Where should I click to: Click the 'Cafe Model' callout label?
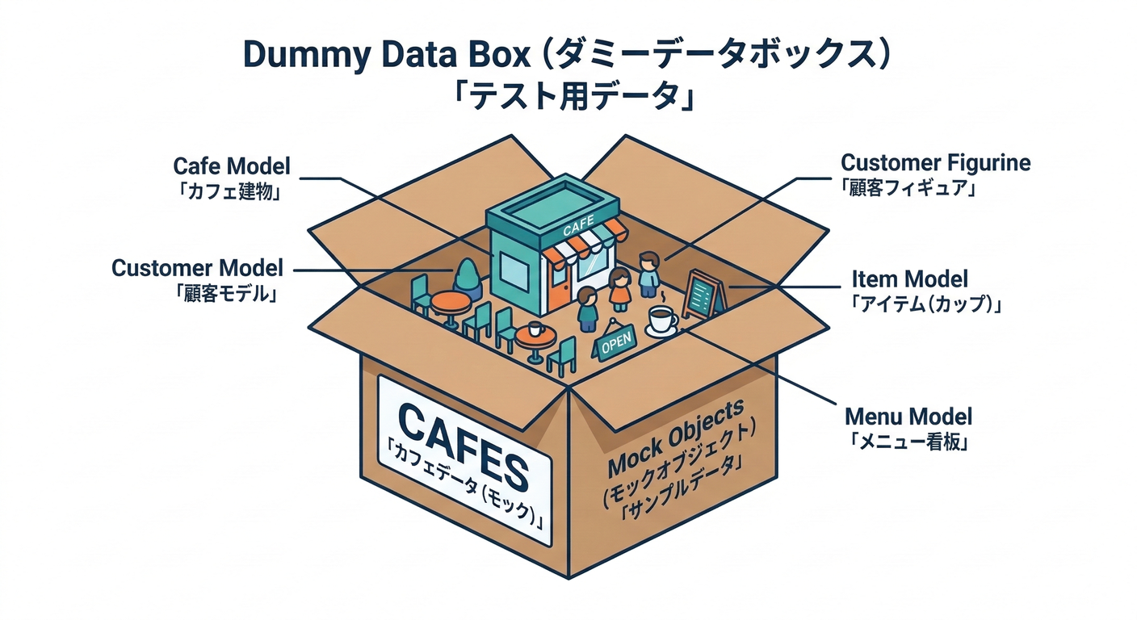pyautogui.click(x=231, y=166)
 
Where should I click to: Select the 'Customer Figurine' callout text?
pyautogui.click(x=935, y=163)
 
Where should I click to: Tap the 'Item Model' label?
pyautogui.click(x=909, y=279)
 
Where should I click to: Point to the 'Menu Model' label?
pyautogui.click(x=908, y=417)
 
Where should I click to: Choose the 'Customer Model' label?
pyautogui.click(x=197, y=268)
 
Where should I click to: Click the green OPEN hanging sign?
pyautogui.click(x=613, y=341)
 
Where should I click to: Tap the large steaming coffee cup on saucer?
pyautogui.click(x=662, y=320)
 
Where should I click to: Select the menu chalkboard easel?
pyautogui.click(x=702, y=293)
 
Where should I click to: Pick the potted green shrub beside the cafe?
pyautogui.click(x=468, y=277)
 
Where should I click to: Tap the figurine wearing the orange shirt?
pyautogui.click(x=619, y=290)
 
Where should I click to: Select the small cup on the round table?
pyautogui.click(x=534, y=329)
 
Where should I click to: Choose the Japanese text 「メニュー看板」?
pyautogui.click(x=908, y=442)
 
